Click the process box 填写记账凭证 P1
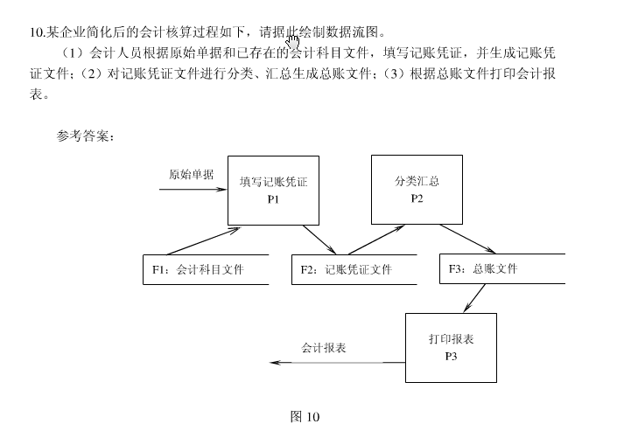(272, 190)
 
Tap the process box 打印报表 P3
(450, 347)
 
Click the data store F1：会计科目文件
(205, 269)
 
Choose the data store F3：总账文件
(501, 269)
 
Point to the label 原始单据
(191, 174)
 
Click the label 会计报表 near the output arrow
(324, 348)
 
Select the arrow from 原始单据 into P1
(199, 189)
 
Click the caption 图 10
(305, 416)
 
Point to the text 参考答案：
(84, 136)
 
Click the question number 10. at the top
(37, 32)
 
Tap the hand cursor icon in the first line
(292, 39)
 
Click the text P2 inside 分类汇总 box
(416, 198)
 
